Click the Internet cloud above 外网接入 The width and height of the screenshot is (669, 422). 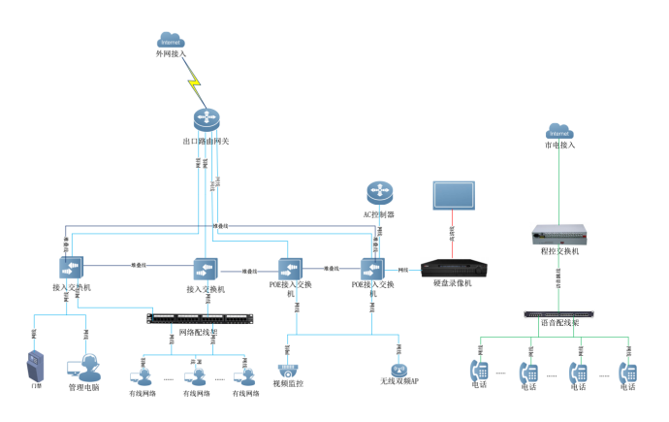(x=171, y=41)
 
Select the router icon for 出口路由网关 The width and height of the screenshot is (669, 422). (x=206, y=120)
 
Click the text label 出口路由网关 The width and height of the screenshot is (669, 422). (x=206, y=142)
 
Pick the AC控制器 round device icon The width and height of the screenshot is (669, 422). (x=378, y=193)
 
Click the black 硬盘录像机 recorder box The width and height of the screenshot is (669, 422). (x=452, y=265)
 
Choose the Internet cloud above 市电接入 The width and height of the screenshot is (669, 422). (x=557, y=130)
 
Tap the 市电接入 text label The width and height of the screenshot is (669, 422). (x=558, y=146)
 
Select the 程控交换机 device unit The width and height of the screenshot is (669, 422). (x=557, y=234)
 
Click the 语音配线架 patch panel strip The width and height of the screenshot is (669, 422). (x=557, y=314)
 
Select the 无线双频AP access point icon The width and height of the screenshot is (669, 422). (x=398, y=370)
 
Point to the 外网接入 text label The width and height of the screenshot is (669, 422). (x=171, y=54)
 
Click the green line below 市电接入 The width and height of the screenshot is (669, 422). (x=557, y=184)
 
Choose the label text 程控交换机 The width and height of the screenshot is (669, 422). (x=559, y=251)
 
